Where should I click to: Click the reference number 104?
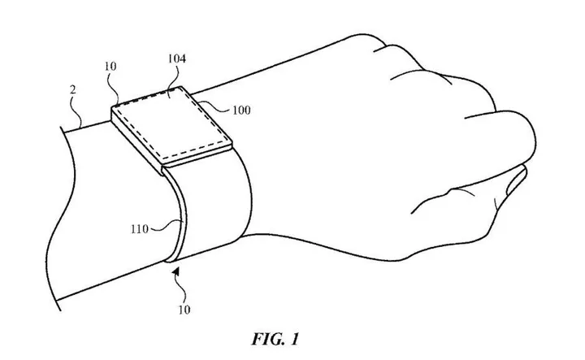(x=176, y=59)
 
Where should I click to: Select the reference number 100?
(x=241, y=111)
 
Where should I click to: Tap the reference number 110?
(x=140, y=228)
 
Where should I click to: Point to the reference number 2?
(x=73, y=90)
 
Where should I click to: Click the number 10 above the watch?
(x=110, y=67)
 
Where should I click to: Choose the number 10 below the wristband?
(x=184, y=310)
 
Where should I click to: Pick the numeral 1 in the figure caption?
(x=294, y=339)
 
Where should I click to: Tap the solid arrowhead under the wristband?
(x=176, y=271)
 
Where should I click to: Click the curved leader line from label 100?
(x=214, y=107)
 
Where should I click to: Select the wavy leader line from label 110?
(x=166, y=226)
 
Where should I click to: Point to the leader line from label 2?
(x=77, y=110)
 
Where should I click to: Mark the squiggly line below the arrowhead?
(x=180, y=289)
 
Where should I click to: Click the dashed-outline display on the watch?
(x=171, y=121)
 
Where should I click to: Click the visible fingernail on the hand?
(x=516, y=180)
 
